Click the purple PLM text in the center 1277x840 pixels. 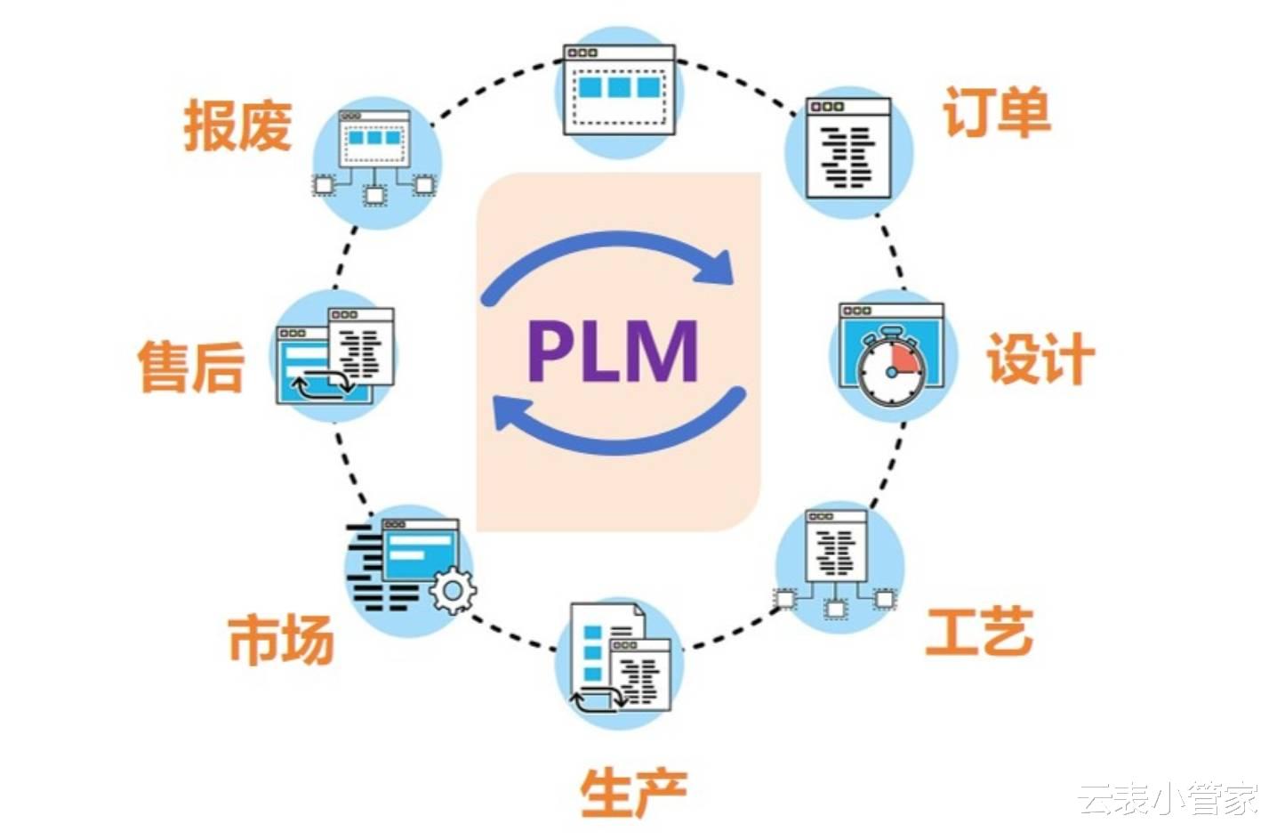pos(613,350)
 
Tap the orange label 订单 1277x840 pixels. pos(997,112)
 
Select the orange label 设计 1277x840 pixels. pos(1041,358)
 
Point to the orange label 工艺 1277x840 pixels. pos(979,631)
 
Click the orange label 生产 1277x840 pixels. pos(634,792)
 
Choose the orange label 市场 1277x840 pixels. pos(281,639)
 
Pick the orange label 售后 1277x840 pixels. pos(191,366)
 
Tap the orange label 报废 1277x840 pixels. pos(238,125)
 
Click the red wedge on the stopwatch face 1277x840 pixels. pos(906,359)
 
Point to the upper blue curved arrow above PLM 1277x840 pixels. pos(607,256)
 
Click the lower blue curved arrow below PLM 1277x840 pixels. pos(620,428)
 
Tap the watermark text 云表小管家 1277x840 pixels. pos(1169,798)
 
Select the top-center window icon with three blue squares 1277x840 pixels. pos(619,90)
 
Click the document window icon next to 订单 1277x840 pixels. pos(849,149)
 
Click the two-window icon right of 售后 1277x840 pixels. pos(335,356)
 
